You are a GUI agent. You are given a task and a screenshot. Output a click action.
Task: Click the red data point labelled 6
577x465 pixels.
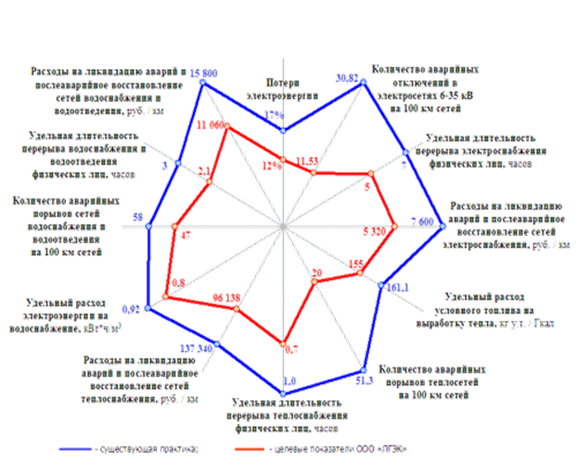(371, 176)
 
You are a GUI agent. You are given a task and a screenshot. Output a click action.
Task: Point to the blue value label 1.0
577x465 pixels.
(289, 381)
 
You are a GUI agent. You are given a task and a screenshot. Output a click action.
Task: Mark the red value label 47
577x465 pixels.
(186, 233)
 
